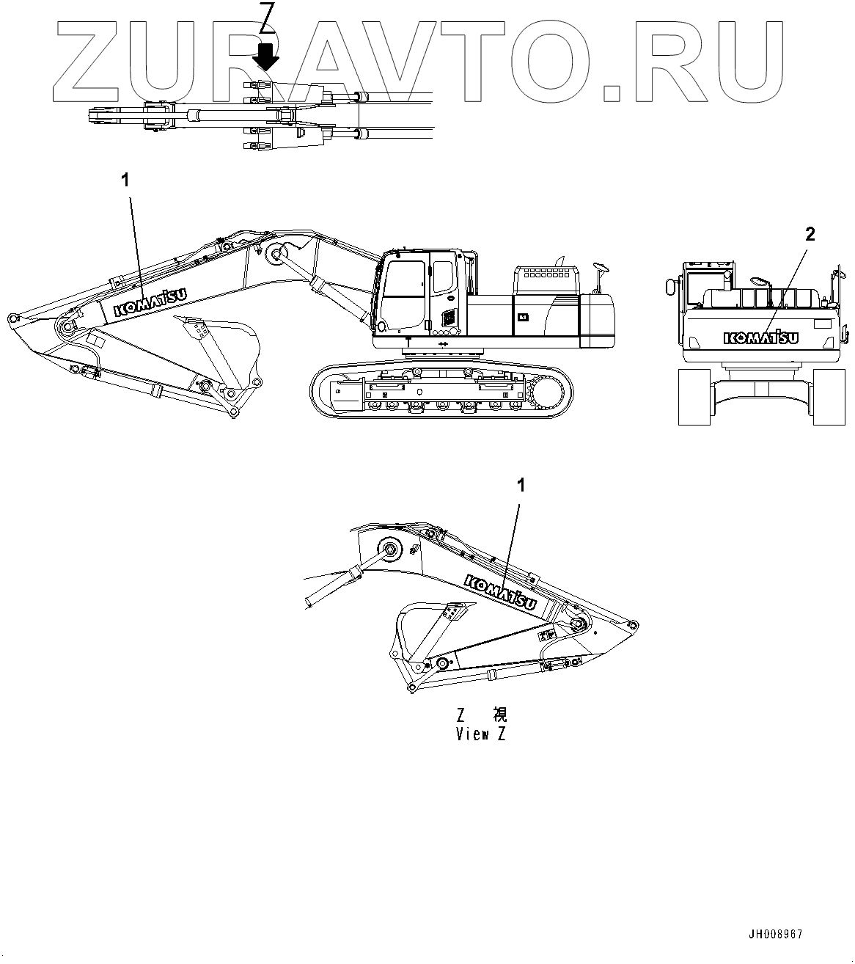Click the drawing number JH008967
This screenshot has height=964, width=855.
[775, 935]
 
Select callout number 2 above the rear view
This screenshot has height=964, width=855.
[810, 235]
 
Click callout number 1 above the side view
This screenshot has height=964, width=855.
[125, 178]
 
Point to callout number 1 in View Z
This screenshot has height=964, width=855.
[521, 485]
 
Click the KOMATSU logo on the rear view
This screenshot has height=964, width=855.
[761, 337]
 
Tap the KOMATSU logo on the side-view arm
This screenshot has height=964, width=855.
[149, 302]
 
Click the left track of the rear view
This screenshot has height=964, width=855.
[694, 396]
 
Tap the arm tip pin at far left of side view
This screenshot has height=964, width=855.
[12, 318]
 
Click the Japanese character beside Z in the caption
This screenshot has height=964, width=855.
[499, 715]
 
